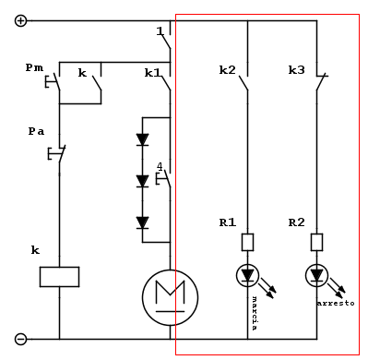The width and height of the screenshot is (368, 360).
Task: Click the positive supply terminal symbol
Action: [21, 20]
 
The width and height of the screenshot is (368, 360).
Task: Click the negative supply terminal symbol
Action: [21, 339]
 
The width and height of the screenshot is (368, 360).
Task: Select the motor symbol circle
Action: [170, 295]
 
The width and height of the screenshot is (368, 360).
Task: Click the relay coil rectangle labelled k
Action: [58, 276]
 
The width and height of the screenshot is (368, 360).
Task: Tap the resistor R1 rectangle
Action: [248, 243]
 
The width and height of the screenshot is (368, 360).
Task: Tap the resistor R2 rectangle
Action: [317, 243]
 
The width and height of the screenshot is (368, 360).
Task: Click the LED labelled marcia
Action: [248, 275]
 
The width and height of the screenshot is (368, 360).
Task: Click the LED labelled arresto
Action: [317, 275]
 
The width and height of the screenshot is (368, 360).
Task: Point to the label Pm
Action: [34, 68]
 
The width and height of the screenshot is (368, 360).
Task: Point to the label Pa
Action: [36, 131]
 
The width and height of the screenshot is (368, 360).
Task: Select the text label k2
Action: [227, 70]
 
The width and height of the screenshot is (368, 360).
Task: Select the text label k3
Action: [296, 70]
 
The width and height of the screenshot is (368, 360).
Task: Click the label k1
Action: [152, 71]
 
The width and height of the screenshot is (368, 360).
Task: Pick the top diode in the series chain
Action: [142, 140]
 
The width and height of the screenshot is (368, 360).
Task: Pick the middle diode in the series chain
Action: [142, 181]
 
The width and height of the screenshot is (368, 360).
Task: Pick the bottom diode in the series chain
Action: [142, 222]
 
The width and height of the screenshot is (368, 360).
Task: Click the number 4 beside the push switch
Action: [160, 167]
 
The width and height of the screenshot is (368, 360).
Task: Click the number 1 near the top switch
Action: [160, 31]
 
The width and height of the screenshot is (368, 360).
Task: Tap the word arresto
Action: [335, 303]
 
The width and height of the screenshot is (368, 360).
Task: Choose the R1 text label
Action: [227, 222]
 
